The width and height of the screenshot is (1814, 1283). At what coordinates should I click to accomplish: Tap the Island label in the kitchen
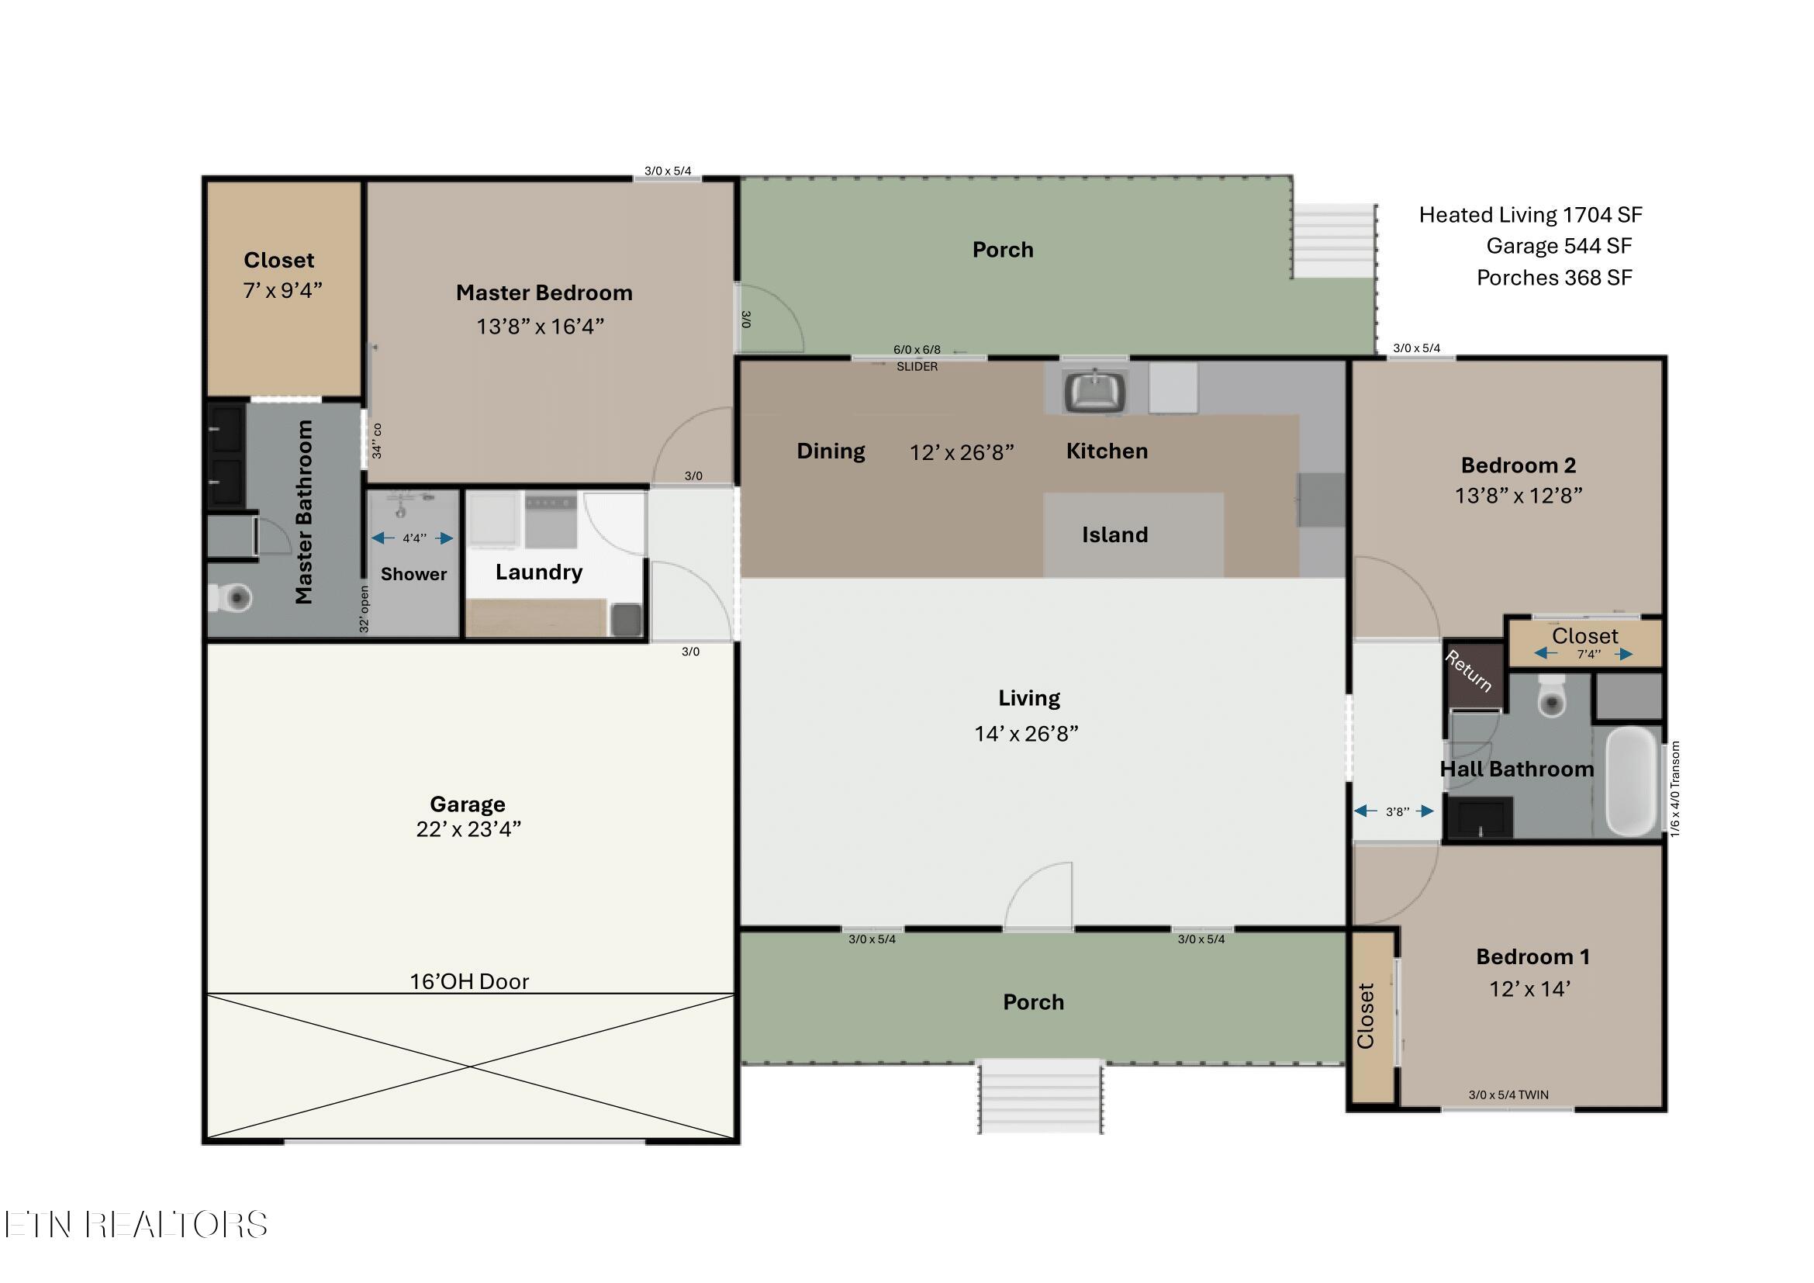(x=1114, y=535)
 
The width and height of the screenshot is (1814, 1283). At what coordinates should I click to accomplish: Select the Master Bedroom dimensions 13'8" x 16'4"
(x=540, y=327)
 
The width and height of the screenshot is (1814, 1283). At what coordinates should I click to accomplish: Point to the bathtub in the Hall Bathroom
(x=1633, y=780)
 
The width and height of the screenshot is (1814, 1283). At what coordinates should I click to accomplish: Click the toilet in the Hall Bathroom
(x=1552, y=696)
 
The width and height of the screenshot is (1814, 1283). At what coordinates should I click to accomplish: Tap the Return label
(x=1468, y=671)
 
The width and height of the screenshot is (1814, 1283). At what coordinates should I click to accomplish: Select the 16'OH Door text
(x=469, y=981)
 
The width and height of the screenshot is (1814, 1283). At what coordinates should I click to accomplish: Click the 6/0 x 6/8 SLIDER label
(x=917, y=358)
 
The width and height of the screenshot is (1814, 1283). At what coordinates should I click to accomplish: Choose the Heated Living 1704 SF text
(x=1530, y=215)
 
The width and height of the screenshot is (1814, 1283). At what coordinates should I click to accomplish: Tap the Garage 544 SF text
(x=1558, y=246)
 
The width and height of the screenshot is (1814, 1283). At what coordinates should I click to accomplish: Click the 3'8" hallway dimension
(x=1397, y=811)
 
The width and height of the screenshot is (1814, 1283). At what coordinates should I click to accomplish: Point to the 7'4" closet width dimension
(x=1588, y=654)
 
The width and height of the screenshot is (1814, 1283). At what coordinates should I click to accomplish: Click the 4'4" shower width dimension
(x=414, y=538)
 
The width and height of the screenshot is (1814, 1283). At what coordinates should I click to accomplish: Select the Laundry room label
(x=539, y=572)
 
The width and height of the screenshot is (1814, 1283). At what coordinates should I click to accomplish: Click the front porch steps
(x=1040, y=1098)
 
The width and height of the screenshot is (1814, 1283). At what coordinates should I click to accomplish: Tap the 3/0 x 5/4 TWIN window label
(x=1508, y=1095)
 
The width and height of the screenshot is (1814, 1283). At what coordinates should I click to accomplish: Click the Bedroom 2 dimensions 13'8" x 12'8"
(x=1519, y=496)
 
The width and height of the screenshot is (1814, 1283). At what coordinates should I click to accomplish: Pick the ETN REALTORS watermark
(x=135, y=1225)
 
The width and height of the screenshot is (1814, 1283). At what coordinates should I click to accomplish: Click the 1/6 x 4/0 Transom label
(x=1675, y=788)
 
